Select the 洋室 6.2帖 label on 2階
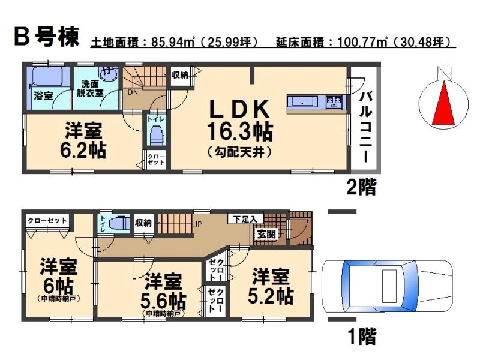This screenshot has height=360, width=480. tap(83, 141)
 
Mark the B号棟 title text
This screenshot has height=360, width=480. tap(46, 37)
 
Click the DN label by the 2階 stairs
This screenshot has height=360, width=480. tap(133, 93)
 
